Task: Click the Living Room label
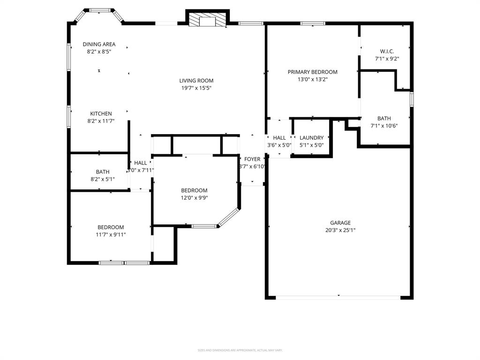point(196,81)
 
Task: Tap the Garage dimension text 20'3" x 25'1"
point(340,230)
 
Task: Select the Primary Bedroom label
point(312,72)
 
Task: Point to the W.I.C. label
point(387,51)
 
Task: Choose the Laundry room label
point(312,138)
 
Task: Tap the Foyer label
point(252,159)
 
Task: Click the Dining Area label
point(99,45)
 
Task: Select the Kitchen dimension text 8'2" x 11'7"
point(101,121)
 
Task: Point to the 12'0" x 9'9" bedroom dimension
point(194,198)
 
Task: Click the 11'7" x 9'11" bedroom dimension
point(111,234)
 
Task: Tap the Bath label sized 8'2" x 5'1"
point(103,172)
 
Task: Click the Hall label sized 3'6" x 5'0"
point(279,138)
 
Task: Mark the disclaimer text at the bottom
point(240,350)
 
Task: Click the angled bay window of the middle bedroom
point(229,217)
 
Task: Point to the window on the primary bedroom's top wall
point(313,23)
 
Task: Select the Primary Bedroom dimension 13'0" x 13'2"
point(312,79)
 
